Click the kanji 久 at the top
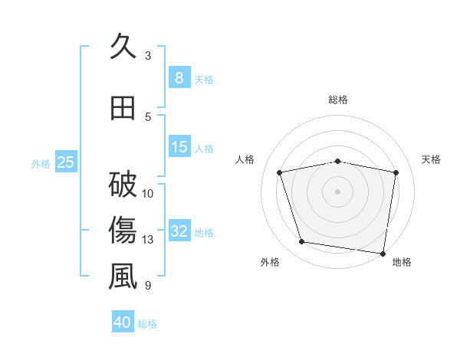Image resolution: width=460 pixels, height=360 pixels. point(123,47)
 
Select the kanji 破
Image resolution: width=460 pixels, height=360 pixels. point(123,184)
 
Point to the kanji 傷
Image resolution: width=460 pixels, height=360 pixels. point(123,230)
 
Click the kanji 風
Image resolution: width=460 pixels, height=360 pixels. point(123,276)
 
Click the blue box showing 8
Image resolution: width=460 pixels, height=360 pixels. point(179,77)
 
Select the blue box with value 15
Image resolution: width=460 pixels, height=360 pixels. point(179,147)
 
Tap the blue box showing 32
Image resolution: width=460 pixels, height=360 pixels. point(179,231)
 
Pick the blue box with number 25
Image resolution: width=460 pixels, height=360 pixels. point(66,162)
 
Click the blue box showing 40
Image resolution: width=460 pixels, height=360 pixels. point(123,322)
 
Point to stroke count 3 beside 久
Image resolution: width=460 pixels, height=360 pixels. point(148,56)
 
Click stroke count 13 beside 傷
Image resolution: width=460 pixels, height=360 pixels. point(148,240)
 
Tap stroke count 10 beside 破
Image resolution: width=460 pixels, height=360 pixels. point(148,193)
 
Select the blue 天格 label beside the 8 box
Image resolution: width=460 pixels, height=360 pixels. point(204,79)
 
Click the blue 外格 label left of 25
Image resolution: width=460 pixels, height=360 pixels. point(41,163)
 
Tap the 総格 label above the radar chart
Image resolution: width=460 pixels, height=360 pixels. point(338,100)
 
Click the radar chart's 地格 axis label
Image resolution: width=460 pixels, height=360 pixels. point(402,262)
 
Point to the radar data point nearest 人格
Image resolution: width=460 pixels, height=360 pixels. point(280,172)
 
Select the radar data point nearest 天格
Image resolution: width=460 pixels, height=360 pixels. point(396,172)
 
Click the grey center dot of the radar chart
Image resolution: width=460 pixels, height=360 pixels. point(338,191)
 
